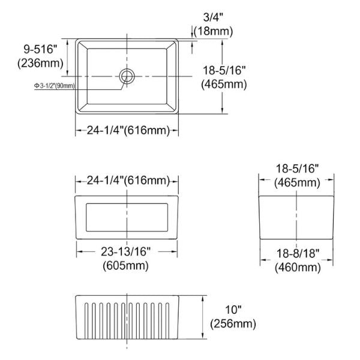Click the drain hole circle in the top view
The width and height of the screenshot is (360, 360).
[127, 76]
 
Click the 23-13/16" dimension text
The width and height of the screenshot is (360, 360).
[126, 252]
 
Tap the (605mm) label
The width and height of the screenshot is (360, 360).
[126, 266]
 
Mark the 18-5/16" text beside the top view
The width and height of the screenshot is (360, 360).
[224, 70]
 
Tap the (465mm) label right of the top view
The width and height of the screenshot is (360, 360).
[224, 84]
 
